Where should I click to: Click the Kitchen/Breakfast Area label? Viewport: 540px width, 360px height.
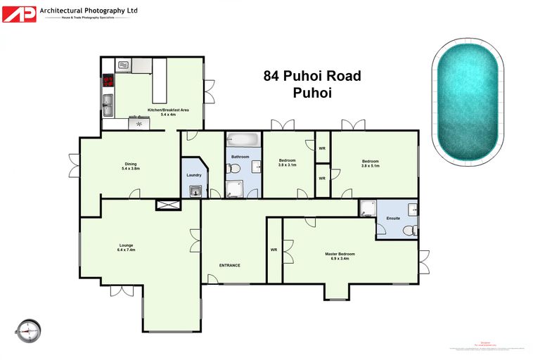[168, 110]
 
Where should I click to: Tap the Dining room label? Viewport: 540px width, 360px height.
[131, 165]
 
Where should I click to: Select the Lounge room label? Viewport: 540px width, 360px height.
[126, 245]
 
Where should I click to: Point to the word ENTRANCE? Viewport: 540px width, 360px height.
[230, 265]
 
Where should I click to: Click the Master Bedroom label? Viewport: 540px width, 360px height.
[340, 254]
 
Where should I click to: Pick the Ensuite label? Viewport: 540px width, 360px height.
[393, 218]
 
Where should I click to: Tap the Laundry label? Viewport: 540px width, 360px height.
[194, 175]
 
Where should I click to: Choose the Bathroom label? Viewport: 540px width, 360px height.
[241, 156]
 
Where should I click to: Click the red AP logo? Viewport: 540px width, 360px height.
[19, 14]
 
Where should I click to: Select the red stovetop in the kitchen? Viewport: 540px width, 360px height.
[108, 81]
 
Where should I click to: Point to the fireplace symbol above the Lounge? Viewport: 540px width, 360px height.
[168, 205]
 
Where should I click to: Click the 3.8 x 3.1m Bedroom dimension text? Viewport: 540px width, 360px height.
[287, 165]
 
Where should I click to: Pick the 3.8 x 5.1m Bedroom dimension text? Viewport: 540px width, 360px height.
[370, 166]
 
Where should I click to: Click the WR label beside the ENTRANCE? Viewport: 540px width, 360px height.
[274, 250]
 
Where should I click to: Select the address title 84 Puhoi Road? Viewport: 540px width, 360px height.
[312, 75]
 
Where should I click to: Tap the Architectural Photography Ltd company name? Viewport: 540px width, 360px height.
[89, 11]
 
